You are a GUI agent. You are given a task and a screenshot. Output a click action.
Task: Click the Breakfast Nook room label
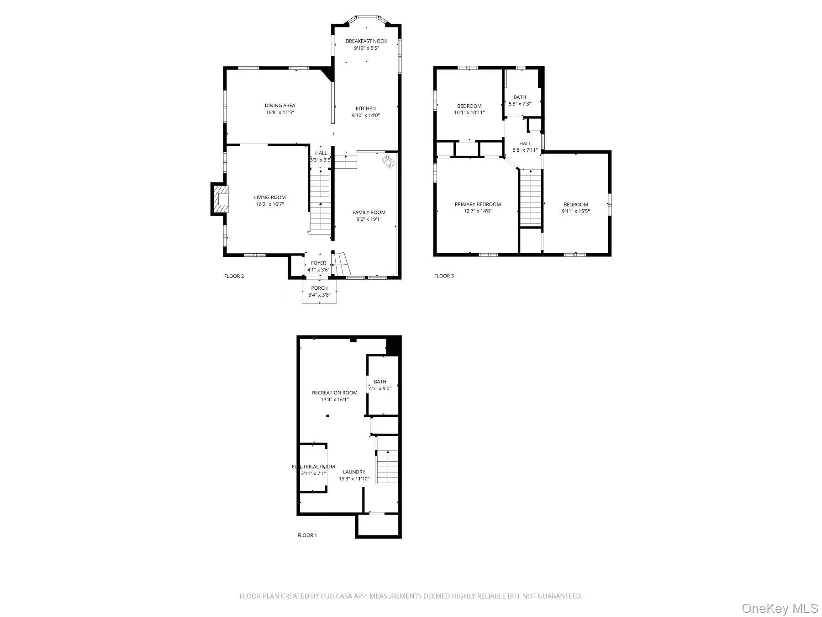[x=366, y=41]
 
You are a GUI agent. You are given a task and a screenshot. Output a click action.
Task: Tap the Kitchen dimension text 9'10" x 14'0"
[x=365, y=116]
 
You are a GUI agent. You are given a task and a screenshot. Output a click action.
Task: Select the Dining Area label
[x=280, y=106]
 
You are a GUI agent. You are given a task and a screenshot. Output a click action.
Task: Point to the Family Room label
[x=369, y=212]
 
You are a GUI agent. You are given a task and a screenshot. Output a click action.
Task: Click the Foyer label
[x=318, y=263]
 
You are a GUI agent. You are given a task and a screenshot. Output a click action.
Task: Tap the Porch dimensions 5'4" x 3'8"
[x=319, y=295]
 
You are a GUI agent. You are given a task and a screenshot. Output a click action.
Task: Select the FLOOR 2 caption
[x=234, y=276]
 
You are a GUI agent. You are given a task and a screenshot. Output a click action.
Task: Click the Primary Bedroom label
[x=478, y=204]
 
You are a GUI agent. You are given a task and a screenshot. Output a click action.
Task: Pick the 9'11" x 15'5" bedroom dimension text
[x=575, y=211]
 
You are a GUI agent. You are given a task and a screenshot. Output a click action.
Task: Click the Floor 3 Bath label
[x=519, y=97]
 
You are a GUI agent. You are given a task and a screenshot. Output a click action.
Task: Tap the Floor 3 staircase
[x=531, y=197]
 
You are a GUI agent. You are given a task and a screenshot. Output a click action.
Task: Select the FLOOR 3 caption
[x=444, y=276]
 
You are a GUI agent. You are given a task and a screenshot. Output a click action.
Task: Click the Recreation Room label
[x=334, y=393]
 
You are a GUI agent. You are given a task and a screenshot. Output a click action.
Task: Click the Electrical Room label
[x=313, y=467]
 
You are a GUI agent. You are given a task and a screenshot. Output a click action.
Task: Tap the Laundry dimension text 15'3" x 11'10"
[x=354, y=479]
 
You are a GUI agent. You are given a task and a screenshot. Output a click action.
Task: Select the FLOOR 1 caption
[x=307, y=535]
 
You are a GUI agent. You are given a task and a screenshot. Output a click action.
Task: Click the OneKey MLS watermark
[x=780, y=608]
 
